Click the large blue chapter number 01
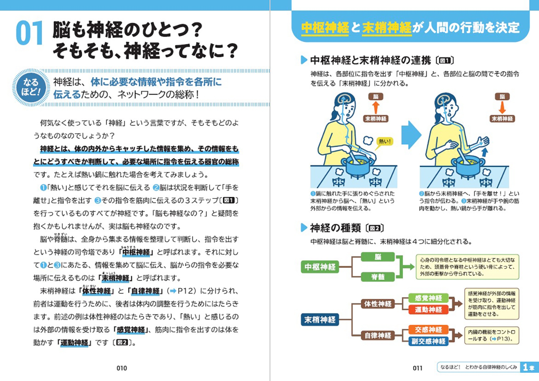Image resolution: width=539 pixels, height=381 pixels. (x=29, y=33)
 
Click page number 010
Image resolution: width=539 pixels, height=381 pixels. (x=122, y=368)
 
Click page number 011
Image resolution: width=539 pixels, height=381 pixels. (x=417, y=368)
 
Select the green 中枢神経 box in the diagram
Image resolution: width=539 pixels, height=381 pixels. (x=320, y=267)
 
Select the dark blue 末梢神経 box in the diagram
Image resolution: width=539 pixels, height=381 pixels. (x=320, y=320)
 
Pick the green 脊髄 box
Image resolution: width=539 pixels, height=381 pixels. (x=378, y=277)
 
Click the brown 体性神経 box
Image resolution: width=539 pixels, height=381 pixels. (x=378, y=304)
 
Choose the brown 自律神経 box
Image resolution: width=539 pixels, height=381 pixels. (x=378, y=335)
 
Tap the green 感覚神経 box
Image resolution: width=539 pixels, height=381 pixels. (x=428, y=298)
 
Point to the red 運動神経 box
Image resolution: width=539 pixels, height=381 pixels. (x=428, y=310)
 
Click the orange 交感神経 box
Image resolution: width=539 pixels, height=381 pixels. (x=428, y=330)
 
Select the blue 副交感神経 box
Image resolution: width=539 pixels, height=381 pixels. (x=428, y=341)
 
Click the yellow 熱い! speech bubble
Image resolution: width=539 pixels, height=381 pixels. (x=385, y=141)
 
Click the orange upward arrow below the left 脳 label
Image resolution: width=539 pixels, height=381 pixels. (x=376, y=108)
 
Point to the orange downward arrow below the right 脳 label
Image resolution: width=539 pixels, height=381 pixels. (x=502, y=108)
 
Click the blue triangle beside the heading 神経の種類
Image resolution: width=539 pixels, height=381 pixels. (x=304, y=228)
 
